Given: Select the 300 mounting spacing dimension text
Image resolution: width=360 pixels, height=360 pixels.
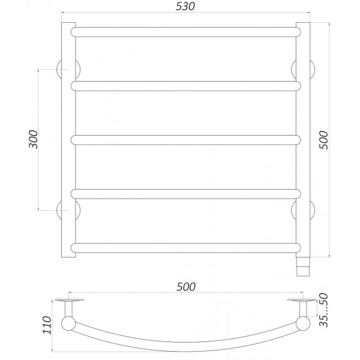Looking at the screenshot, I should tap(34, 139).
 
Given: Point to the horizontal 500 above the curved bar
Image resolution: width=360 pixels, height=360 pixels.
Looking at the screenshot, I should tap(187, 287).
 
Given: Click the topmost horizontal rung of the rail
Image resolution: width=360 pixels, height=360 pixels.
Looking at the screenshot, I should tap(185, 31).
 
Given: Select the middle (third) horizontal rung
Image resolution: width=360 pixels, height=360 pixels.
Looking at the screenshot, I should tap(185, 140).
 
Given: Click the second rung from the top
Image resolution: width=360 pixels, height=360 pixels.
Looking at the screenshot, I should tap(185, 86).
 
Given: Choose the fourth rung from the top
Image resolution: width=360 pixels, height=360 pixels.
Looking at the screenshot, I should tap(185, 194).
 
